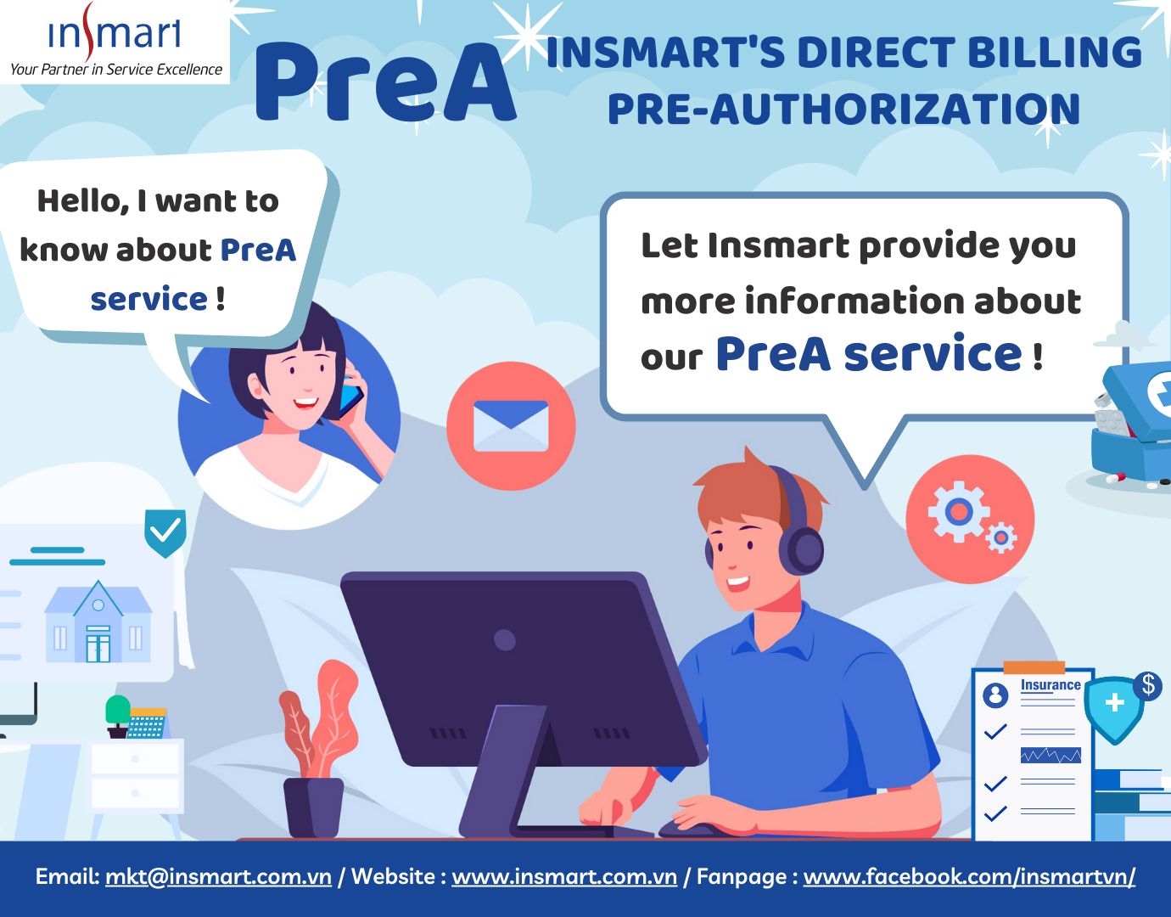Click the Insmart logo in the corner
115,40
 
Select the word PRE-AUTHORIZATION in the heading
843,110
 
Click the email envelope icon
511,425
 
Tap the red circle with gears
969,519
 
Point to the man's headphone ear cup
805,547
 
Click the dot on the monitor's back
505,639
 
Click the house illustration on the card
98,623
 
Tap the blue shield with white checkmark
165,532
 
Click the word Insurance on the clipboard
1051,685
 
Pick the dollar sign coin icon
1148,684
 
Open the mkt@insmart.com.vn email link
218,876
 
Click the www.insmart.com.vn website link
563,876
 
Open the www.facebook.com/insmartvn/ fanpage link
969,876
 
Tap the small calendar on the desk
147,723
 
